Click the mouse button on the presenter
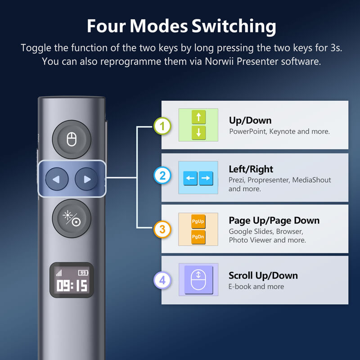(72, 139)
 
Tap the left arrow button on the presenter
(57, 179)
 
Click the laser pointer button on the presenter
(72, 218)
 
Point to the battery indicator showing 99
(83, 273)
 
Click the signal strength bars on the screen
(59, 273)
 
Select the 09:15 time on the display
(72, 286)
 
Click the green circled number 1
(162, 126)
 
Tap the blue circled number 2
(162, 175)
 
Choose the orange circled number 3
(162, 229)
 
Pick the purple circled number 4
(162, 280)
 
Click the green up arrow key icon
(198, 117)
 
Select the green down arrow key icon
(198, 132)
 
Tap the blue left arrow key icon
(190, 178)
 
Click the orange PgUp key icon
(198, 221)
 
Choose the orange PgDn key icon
(198, 237)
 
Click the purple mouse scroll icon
(198, 279)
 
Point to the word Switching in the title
(234, 27)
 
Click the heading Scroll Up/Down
(263, 275)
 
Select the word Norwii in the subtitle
(219, 61)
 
